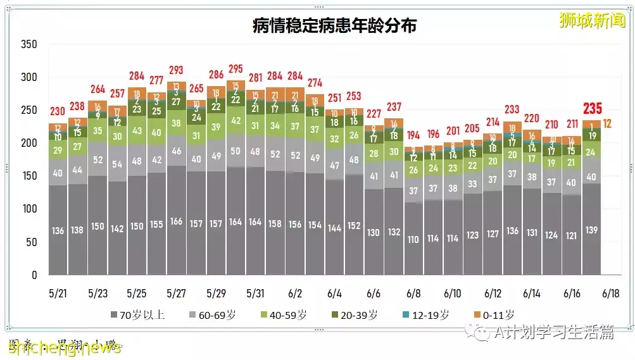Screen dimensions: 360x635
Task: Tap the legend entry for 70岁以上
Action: click(137, 314)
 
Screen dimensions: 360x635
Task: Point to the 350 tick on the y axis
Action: click(29, 44)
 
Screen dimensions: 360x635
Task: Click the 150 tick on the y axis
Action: click(29, 176)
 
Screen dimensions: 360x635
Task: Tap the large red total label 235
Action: click(592, 108)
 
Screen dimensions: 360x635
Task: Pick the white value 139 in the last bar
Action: click(591, 230)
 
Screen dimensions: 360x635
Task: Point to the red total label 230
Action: click(58, 111)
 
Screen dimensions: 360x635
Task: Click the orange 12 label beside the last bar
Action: click(608, 123)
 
